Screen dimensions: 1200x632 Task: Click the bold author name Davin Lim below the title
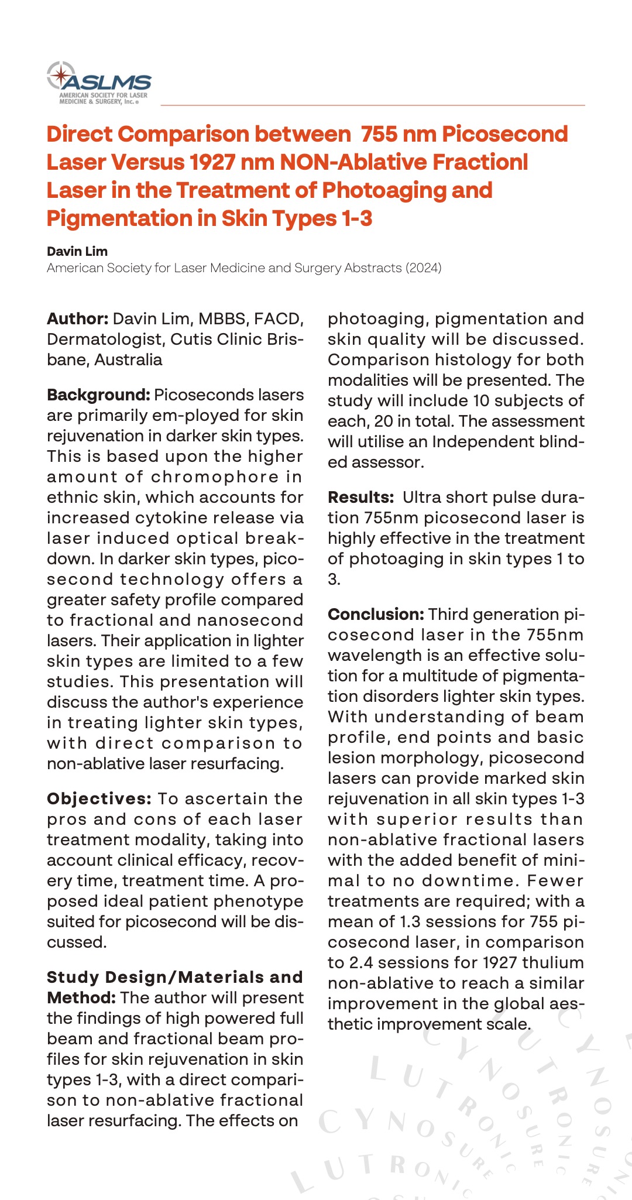tap(77, 252)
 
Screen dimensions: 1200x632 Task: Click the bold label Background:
tap(99, 395)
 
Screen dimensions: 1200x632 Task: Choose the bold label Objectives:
tap(99, 799)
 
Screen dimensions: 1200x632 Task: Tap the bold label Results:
tap(360, 498)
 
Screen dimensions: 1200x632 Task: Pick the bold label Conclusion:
tap(376, 615)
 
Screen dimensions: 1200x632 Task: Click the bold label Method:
tap(81, 998)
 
